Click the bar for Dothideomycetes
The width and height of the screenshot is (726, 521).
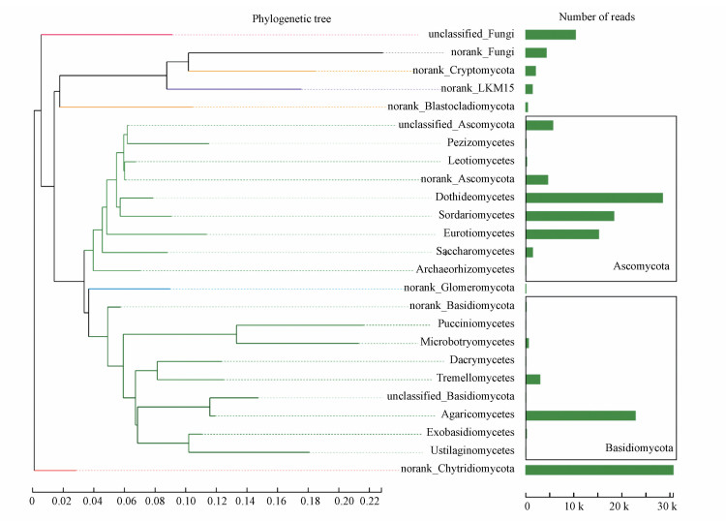pyautogui.click(x=593, y=198)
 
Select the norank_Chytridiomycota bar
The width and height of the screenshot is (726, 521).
pyautogui.click(x=599, y=471)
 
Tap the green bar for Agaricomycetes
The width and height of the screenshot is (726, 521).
pyautogui.click(x=580, y=415)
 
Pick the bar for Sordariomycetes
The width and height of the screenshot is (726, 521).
pyautogui.click(x=569, y=215)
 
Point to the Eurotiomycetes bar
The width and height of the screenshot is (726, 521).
pyautogui.click(x=561, y=233)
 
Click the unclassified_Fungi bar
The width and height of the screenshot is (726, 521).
pyautogui.click(x=550, y=35)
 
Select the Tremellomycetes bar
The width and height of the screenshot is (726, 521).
pyautogui.click(x=532, y=379)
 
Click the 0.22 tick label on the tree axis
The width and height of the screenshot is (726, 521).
pyautogui.click(x=371, y=504)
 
